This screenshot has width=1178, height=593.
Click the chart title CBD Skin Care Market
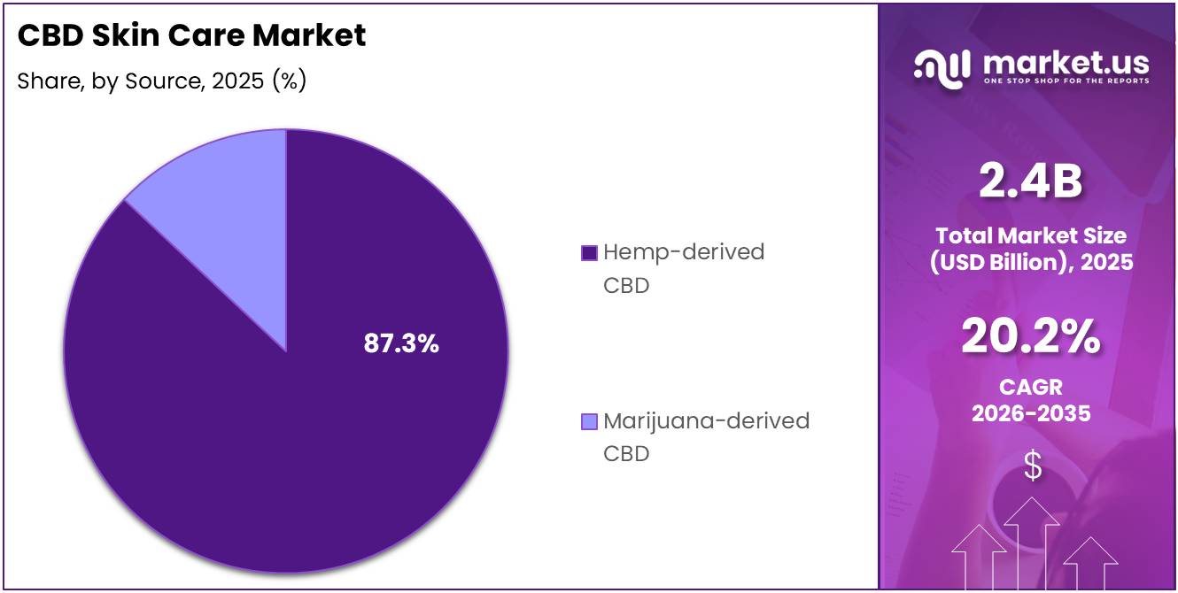(x=191, y=35)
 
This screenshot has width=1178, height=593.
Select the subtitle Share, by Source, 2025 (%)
(x=162, y=81)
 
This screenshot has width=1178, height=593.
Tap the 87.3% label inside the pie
(x=401, y=344)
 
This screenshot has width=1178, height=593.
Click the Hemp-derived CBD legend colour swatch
(x=589, y=253)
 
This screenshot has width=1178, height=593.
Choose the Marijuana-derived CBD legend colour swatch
(x=589, y=421)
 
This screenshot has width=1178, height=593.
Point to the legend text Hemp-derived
(x=683, y=252)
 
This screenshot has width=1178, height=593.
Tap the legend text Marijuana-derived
(x=706, y=420)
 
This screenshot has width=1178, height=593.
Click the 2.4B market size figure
(x=1030, y=182)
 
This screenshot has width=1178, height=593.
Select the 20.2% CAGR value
(x=1030, y=337)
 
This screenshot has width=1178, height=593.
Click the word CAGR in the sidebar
(x=1030, y=388)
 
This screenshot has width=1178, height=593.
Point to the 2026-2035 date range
(x=1030, y=413)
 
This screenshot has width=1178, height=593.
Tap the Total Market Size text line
(x=1030, y=235)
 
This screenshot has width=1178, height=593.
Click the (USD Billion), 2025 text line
(x=1030, y=262)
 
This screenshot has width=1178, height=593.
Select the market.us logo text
(x=1066, y=63)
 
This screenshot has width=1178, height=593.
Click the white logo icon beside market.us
(x=942, y=68)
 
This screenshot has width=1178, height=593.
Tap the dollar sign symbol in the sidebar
(x=1032, y=466)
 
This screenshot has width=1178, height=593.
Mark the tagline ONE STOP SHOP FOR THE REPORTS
(x=1066, y=81)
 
